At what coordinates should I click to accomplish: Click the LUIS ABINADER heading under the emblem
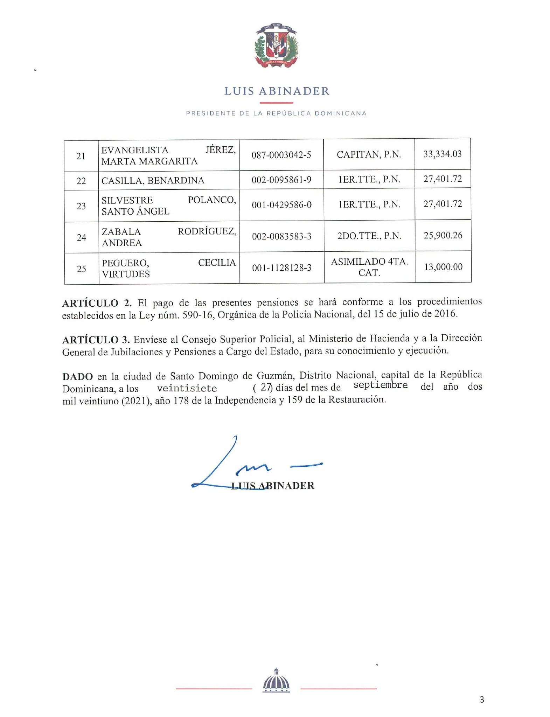point(277,91)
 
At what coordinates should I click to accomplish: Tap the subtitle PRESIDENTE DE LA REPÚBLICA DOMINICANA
point(276,113)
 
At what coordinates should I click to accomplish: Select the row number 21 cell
point(81,156)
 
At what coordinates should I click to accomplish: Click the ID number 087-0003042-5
point(281,155)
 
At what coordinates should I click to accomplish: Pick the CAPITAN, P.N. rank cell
point(369,154)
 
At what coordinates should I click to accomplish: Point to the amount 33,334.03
point(443,154)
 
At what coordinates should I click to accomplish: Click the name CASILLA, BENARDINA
point(153,181)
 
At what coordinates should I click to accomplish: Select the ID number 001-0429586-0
point(281,205)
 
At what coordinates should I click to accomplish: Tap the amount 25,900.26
point(443,235)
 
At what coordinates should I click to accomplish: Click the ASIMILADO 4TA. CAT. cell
point(369,267)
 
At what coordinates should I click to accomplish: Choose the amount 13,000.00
point(443,267)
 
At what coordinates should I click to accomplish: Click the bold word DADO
point(78,377)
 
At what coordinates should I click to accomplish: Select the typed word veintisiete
point(187,389)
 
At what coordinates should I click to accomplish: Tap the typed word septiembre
point(381,385)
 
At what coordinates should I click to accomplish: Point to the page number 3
point(482,700)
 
